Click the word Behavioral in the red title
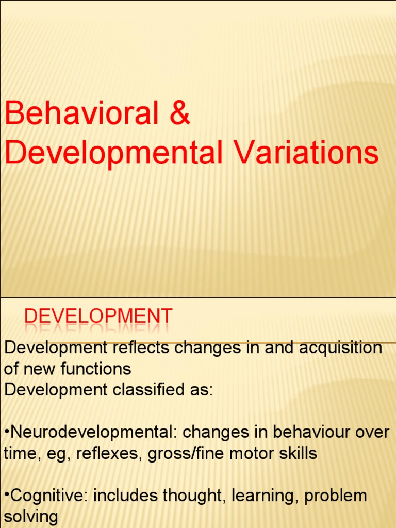[81, 114]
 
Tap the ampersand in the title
[180, 114]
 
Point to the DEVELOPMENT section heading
[98, 317]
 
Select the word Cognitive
[44, 496]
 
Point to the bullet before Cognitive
[7, 497]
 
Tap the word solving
[31, 517]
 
